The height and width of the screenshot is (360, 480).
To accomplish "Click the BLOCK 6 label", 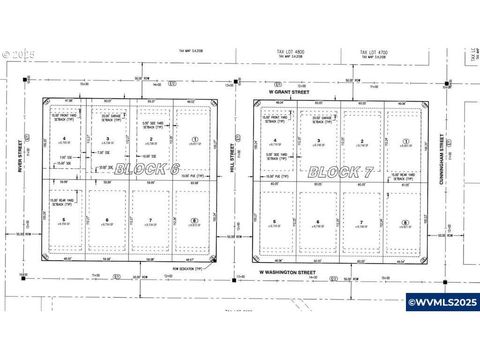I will [146, 170].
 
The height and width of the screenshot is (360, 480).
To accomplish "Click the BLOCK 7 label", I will [340, 172].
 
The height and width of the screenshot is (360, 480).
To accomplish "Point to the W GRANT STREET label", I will [290, 92].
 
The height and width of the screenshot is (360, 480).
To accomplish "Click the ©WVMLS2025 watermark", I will [440, 329].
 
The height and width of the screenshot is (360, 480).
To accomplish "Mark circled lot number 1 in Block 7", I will [406, 141].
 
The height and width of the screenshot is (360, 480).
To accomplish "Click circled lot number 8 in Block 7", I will [404, 222].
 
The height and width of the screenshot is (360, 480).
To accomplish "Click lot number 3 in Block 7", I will [318, 140].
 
